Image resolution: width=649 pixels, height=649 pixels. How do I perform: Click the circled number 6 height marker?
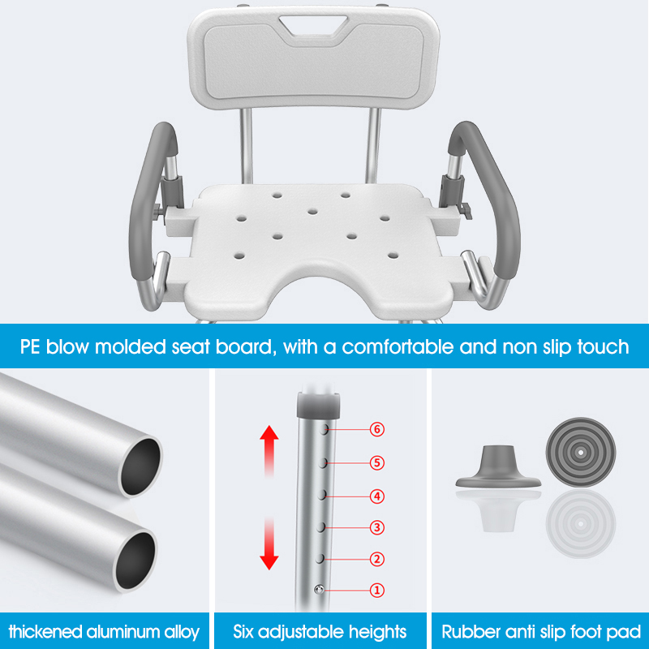pyautogui.click(x=376, y=429)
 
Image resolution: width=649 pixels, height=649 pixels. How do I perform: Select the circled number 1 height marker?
pyautogui.click(x=376, y=591)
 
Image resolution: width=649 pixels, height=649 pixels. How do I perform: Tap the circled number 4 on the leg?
pyautogui.click(x=376, y=496)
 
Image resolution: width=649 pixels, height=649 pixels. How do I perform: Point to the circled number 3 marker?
pyautogui.click(x=376, y=527)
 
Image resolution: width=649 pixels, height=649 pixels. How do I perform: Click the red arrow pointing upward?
pyautogui.click(x=269, y=452)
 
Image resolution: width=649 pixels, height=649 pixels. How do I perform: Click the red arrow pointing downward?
pyautogui.click(x=269, y=543)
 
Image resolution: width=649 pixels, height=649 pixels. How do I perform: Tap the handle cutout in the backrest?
pyautogui.click(x=313, y=26)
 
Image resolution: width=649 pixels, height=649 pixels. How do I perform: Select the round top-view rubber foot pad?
pyautogui.click(x=581, y=453)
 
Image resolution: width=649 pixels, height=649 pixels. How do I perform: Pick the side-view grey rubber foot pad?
pyautogui.click(x=498, y=466)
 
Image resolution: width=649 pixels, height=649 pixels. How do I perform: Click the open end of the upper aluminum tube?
pyautogui.click(x=140, y=466)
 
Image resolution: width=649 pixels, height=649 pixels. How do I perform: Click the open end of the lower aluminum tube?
pyautogui.click(x=135, y=561)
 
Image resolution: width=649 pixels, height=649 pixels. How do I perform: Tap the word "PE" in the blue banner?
pyautogui.click(x=30, y=347)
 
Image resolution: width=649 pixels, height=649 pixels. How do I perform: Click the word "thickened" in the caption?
pyautogui.click(x=45, y=632)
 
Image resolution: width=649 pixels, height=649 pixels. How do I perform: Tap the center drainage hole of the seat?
pyautogui.click(x=313, y=212)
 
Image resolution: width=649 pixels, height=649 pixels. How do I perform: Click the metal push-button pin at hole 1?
pyautogui.click(x=319, y=590)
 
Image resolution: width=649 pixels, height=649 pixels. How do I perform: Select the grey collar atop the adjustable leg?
pyautogui.click(x=318, y=404)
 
